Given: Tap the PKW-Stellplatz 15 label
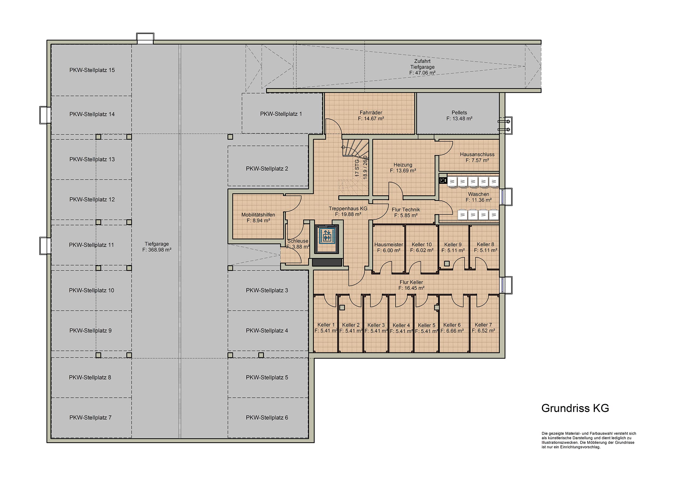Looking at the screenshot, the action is click(x=92, y=70).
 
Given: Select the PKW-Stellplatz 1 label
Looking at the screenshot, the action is click(x=281, y=114).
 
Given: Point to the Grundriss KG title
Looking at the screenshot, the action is click(x=575, y=408).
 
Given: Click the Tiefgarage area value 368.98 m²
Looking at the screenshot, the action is click(x=157, y=250).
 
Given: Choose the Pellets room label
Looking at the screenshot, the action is click(x=459, y=113).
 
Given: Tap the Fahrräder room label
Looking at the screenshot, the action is click(x=371, y=113).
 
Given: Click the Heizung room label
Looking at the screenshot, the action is click(x=403, y=165).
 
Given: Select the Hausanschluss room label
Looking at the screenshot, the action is click(x=477, y=154).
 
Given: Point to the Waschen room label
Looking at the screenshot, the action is click(x=479, y=194).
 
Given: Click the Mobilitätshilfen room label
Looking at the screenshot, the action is click(x=258, y=215).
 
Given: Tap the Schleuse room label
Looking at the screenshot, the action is click(x=298, y=241).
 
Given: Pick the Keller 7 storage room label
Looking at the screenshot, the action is click(x=483, y=325).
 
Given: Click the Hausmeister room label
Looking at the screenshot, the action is click(x=389, y=245).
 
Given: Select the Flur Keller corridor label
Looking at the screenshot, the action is click(x=411, y=282).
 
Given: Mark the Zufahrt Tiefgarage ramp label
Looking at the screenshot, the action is click(x=422, y=64).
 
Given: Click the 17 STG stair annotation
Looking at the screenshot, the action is click(x=357, y=168).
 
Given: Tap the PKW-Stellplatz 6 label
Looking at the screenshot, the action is click(x=267, y=418).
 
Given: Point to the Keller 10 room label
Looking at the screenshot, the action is click(x=422, y=245).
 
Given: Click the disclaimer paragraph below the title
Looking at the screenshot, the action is click(x=589, y=440).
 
